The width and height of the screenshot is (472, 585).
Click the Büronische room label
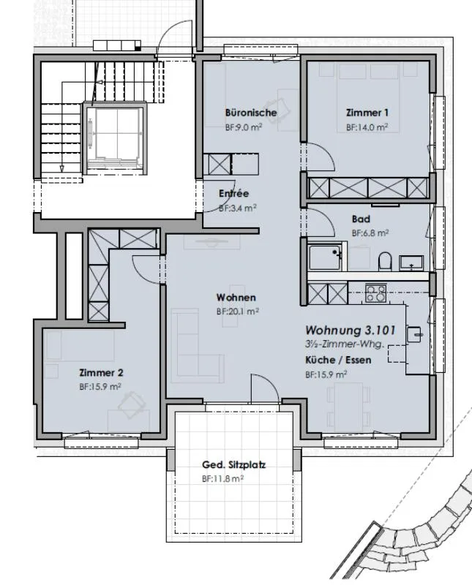click(251, 113)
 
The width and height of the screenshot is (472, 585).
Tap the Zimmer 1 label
click(367, 113)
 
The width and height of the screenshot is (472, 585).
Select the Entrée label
click(233, 193)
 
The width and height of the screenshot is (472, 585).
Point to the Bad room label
click(361, 219)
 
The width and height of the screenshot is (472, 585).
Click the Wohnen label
click(236, 298)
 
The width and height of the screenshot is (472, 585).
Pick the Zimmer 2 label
click(101, 372)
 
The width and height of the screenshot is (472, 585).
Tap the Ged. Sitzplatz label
click(233, 465)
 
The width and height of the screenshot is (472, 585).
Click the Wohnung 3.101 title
click(351, 331)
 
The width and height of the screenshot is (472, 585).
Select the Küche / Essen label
click(338, 360)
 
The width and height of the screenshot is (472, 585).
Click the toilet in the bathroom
click(385, 261)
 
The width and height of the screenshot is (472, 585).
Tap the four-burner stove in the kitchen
click(375, 293)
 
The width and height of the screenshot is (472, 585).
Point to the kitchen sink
click(414, 334)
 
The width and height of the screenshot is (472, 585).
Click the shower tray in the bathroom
click(325, 257)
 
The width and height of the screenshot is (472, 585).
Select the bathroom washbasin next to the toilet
click(411, 263)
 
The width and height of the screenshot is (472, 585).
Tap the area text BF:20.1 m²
click(238, 312)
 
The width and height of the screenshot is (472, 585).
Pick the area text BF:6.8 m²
click(370, 233)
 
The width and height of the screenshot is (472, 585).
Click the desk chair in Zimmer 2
click(132, 405)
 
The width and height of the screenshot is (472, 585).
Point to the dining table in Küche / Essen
click(349, 407)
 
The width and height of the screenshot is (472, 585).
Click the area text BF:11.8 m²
click(222, 479)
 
